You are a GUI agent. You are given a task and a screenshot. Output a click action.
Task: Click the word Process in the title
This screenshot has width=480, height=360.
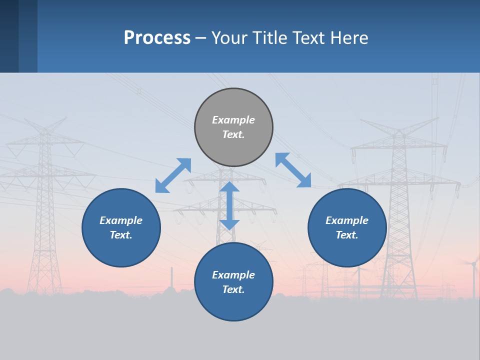pyautogui.click(x=157, y=38)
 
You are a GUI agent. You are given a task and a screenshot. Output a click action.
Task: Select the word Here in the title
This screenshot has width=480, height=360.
pyautogui.click(x=349, y=37)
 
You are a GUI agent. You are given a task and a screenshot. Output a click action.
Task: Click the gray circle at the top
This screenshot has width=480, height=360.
pyautogui.click(x=233, y=127)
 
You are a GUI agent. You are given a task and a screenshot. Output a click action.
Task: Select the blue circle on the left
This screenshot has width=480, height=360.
pyautogui.click(x=121, y=227)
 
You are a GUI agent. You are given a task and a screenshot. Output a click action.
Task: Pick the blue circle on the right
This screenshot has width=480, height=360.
pyautogui.click(x=347, y=227)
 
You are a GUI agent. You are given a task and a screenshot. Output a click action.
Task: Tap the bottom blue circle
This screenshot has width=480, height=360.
pyautogui.click(x=233, y=281)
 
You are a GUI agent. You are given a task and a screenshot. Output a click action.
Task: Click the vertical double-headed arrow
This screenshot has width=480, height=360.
pyautogui.click(x=229, y=205)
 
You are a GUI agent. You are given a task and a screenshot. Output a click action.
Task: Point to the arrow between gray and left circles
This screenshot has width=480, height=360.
pyautogui.click(x=173, y=175)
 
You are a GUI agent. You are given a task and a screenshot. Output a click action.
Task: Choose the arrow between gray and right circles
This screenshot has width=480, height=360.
pyautogui.click(x=293, y=170)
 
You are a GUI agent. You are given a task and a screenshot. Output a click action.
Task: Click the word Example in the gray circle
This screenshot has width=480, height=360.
pyautogui.click(x=233, y=120)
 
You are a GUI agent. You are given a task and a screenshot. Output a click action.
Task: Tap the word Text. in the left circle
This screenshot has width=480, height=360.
pyautogui.click(x=121, y=235)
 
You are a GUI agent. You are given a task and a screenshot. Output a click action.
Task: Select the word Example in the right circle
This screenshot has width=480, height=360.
pyautogui.click(x=347, y=220)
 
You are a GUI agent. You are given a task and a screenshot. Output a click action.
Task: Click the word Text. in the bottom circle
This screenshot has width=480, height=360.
pyautogui.click(x=233, y=289)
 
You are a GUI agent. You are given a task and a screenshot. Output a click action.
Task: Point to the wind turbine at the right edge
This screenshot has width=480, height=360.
pyautogui.click(x=474, y=277)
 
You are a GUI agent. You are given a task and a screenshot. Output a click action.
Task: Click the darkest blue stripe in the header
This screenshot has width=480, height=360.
pyautogui.click(x=9, y=36)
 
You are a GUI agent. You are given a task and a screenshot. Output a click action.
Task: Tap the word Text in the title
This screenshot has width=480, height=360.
pyautogui.click(x=309, y=37)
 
